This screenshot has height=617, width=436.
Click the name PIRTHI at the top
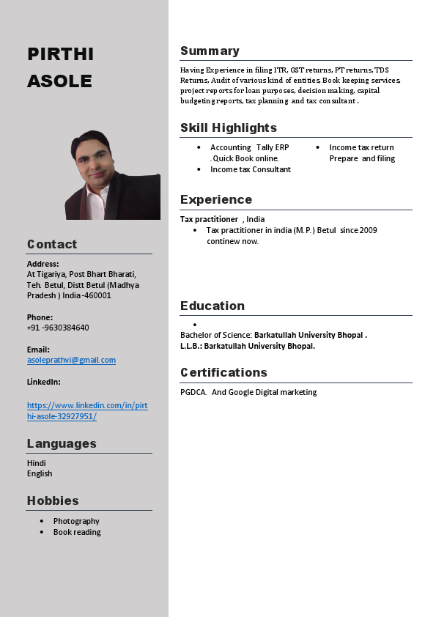coord(60,54)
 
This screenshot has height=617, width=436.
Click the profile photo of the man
coord(113,176)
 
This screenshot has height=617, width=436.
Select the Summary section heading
coord(210,51)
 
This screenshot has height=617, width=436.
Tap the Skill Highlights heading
coord(229,128)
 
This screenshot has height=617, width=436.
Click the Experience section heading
coord(216,199)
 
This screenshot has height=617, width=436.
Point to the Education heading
coord(213,306)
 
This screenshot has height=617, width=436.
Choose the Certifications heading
coord(223,372)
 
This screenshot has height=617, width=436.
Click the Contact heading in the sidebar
coord(52,244)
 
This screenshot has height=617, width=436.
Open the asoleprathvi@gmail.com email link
coord(71,360)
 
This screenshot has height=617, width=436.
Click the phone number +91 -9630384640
coord(58,328)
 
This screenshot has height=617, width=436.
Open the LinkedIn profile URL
coord(87,410)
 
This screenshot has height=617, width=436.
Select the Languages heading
coord(62,443)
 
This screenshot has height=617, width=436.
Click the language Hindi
coord(37,463)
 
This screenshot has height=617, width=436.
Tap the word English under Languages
coord(40,473)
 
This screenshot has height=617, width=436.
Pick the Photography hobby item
coord(76,521)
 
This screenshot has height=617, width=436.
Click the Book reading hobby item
coord(77,532)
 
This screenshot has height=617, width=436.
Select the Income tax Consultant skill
coord(251,169)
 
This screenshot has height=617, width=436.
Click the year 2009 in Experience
coord(368,230)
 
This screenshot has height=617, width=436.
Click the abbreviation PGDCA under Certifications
coord(193,392)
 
